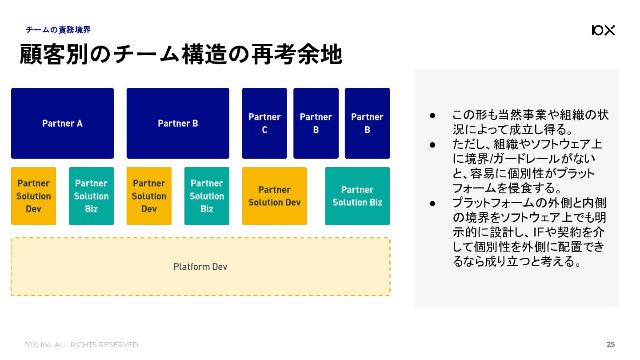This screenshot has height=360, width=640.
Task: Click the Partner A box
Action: (62, 123)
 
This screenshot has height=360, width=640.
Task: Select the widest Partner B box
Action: (178, 123)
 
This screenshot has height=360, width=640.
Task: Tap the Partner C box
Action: (264, 123)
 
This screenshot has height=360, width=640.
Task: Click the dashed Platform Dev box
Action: (200, 267)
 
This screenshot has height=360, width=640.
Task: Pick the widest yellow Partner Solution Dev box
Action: (275, 196)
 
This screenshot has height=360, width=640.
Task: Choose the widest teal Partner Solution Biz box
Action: (357, 196)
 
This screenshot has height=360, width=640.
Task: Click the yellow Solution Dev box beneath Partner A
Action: (33, 196)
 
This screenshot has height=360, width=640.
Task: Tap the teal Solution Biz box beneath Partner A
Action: (91, 196)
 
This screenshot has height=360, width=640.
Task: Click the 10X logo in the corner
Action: (604, 30)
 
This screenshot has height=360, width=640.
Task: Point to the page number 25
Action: (611, 344)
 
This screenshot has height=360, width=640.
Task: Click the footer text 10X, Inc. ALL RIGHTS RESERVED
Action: (82, 345)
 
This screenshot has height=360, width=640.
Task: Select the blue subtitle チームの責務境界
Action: (58, 30)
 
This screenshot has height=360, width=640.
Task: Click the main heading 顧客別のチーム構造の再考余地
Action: (181, 54)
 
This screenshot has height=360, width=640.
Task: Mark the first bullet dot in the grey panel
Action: (432, 116)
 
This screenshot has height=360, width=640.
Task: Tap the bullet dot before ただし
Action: (432, 145)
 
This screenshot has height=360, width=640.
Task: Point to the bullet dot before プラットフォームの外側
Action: (432, 204)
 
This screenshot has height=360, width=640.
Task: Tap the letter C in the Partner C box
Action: (264, 130)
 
